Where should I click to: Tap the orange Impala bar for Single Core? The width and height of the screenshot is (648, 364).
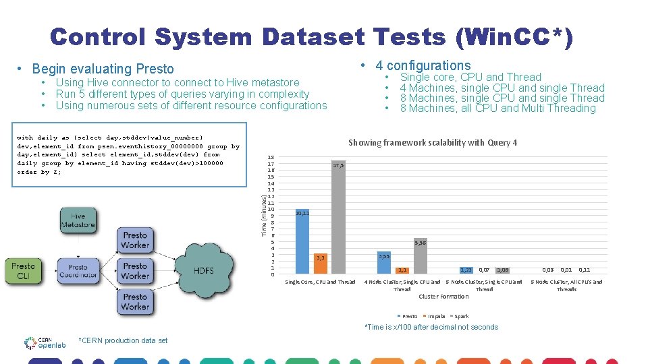point(321,264)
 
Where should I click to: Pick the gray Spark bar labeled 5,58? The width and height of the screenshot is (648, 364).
point(419,260)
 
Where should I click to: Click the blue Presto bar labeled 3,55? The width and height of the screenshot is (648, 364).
point(384,263)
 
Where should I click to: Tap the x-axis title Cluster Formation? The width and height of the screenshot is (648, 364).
point(443,297)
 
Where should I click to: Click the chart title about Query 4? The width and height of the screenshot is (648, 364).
point(433,142)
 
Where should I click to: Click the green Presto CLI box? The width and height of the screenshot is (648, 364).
point(23,271)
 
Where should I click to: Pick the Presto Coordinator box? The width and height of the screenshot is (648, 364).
point(78,271)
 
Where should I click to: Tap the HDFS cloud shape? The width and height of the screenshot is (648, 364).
point(204,271)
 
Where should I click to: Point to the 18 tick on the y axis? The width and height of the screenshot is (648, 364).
point(270,157)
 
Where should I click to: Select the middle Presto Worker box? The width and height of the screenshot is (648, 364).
point(135,271)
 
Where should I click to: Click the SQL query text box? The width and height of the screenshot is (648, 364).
point(128,155)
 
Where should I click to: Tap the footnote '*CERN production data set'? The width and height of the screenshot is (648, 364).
point(123,340)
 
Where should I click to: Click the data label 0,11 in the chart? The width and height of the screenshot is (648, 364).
point(585,270)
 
